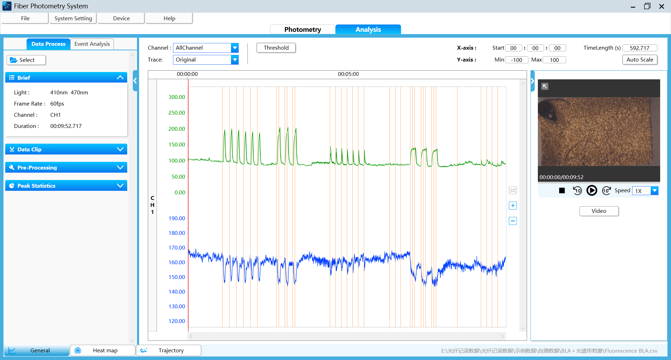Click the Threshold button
276,48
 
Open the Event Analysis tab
92,44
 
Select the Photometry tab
302,30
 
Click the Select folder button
26,60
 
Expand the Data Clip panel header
66,149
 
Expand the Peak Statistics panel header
66,186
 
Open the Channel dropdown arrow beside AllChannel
235,48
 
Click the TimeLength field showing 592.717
640,48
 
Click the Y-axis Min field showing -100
516,60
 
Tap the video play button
592,190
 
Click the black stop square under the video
562,190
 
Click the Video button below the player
599,211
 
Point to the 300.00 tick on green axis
177,97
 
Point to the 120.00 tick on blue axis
177,321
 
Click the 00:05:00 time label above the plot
348,74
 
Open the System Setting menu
73,19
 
